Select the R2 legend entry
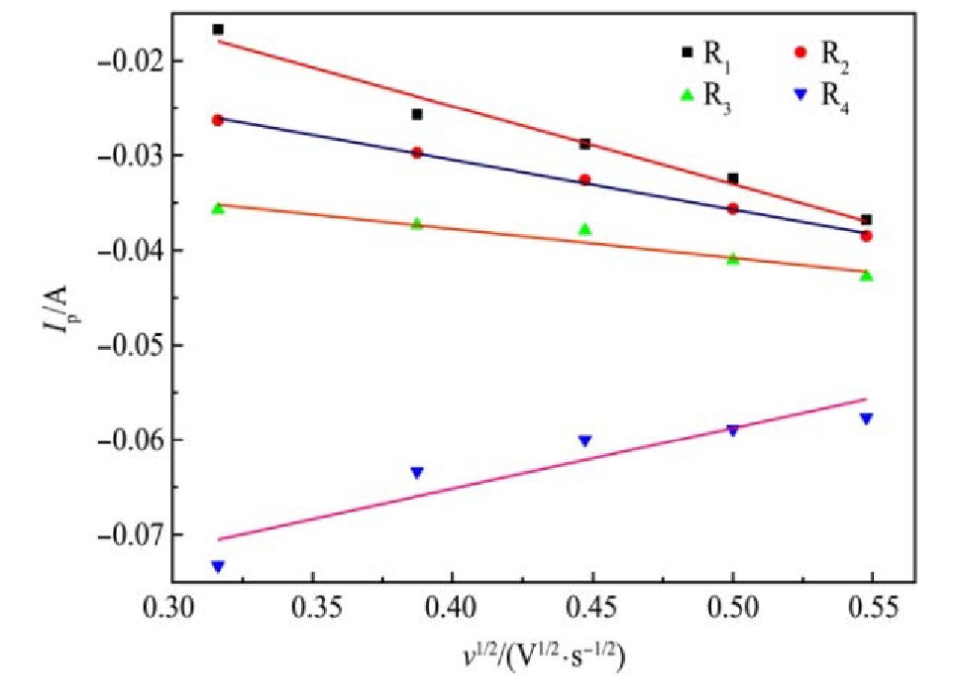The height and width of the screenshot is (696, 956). click(821, 54)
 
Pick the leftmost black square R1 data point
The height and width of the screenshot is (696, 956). click(218, 30)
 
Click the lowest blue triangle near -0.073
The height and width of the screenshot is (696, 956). click(218, 566)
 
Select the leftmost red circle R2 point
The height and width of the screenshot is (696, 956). click(218, 120)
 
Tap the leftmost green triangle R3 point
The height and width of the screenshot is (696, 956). click(218, 208)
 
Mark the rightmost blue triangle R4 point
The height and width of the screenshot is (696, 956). click(866, 418)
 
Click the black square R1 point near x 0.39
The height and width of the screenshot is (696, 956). click(417, 115)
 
